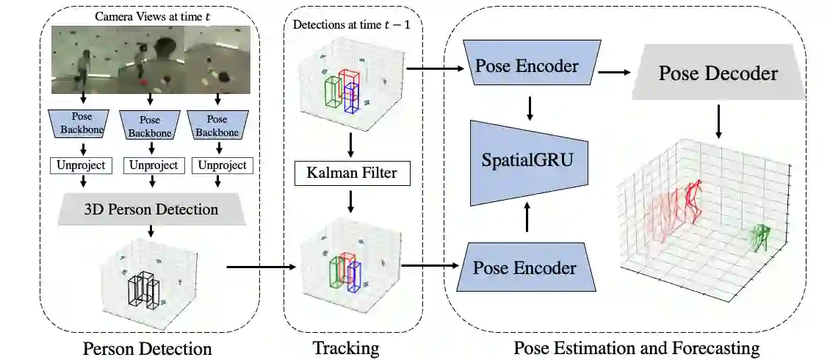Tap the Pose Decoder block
[x=718, y=73]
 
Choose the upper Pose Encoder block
[x=526, y=67]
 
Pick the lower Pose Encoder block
[x=524, y=268]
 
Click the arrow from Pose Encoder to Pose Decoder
[x=616, y=73]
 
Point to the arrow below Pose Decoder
[x=718, y=121]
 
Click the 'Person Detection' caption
[x=148, y=348]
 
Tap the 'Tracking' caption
[x=346, y=347]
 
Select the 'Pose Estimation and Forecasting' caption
[x=636, y=348]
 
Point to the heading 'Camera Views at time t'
[x=150, y=16]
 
